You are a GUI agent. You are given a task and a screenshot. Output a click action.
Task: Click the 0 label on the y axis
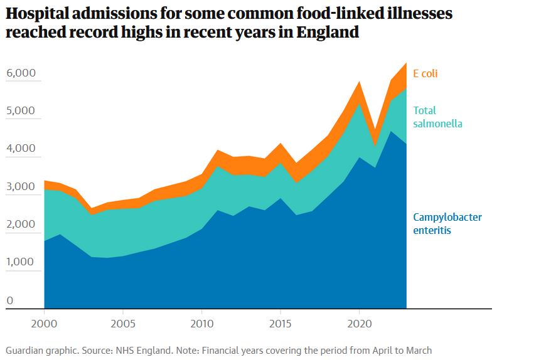tap(9, 300)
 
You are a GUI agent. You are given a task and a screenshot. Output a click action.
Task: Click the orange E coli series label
tap(425, 73)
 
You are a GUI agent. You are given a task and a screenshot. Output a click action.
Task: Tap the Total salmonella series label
tap(437, 117)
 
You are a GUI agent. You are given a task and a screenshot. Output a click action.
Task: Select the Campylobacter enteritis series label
tap(447, 224)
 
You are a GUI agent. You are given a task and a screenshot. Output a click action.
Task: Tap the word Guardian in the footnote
tap(25, 351)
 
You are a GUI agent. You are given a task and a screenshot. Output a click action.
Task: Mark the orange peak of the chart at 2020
tap(359, 82)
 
